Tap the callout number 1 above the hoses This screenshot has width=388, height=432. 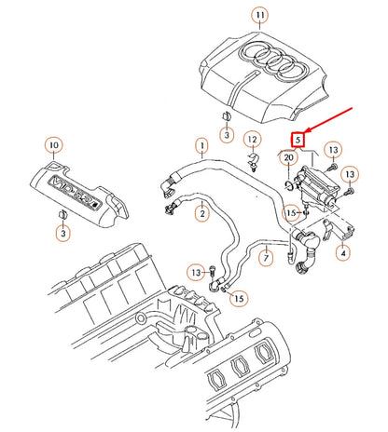[200, 145]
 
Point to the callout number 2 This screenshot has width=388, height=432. [201, 212]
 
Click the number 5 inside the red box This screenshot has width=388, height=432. [298, 140]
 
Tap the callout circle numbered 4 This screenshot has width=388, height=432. [343, 251]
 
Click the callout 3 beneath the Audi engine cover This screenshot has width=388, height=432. [226, 136]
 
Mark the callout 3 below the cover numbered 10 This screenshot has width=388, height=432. [61, 235]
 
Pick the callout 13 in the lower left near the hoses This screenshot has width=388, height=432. [195, 271]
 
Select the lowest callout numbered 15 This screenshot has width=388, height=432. [239, 298]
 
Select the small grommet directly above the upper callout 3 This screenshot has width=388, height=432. [226, 116]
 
